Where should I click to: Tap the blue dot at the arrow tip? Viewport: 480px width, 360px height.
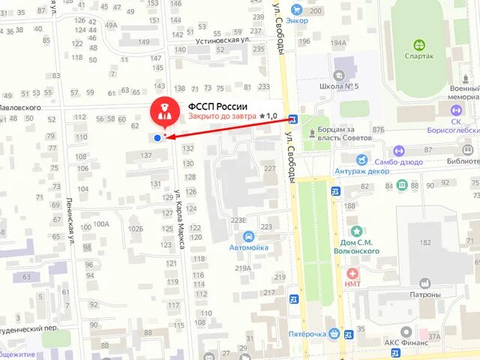pyautogui.click(x=157, y=137)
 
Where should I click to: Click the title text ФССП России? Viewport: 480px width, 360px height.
pyautogui.click(x=217, y=106)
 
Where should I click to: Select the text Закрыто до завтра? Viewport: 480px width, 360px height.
pyautogui.click(x=221, y=117)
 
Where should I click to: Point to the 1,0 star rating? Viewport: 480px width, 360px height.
pyautogui.click(x=268, y=117)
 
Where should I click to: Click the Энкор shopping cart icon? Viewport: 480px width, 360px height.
pyautogui.click(x=298, y=10)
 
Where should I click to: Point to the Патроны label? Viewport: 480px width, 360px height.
pyautogui.click(x=425, y=295)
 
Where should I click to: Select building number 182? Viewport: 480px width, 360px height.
pyautogui.click(x=425, y=243)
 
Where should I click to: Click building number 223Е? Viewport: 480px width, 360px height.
pyautogui.click(x=238, y=220)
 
